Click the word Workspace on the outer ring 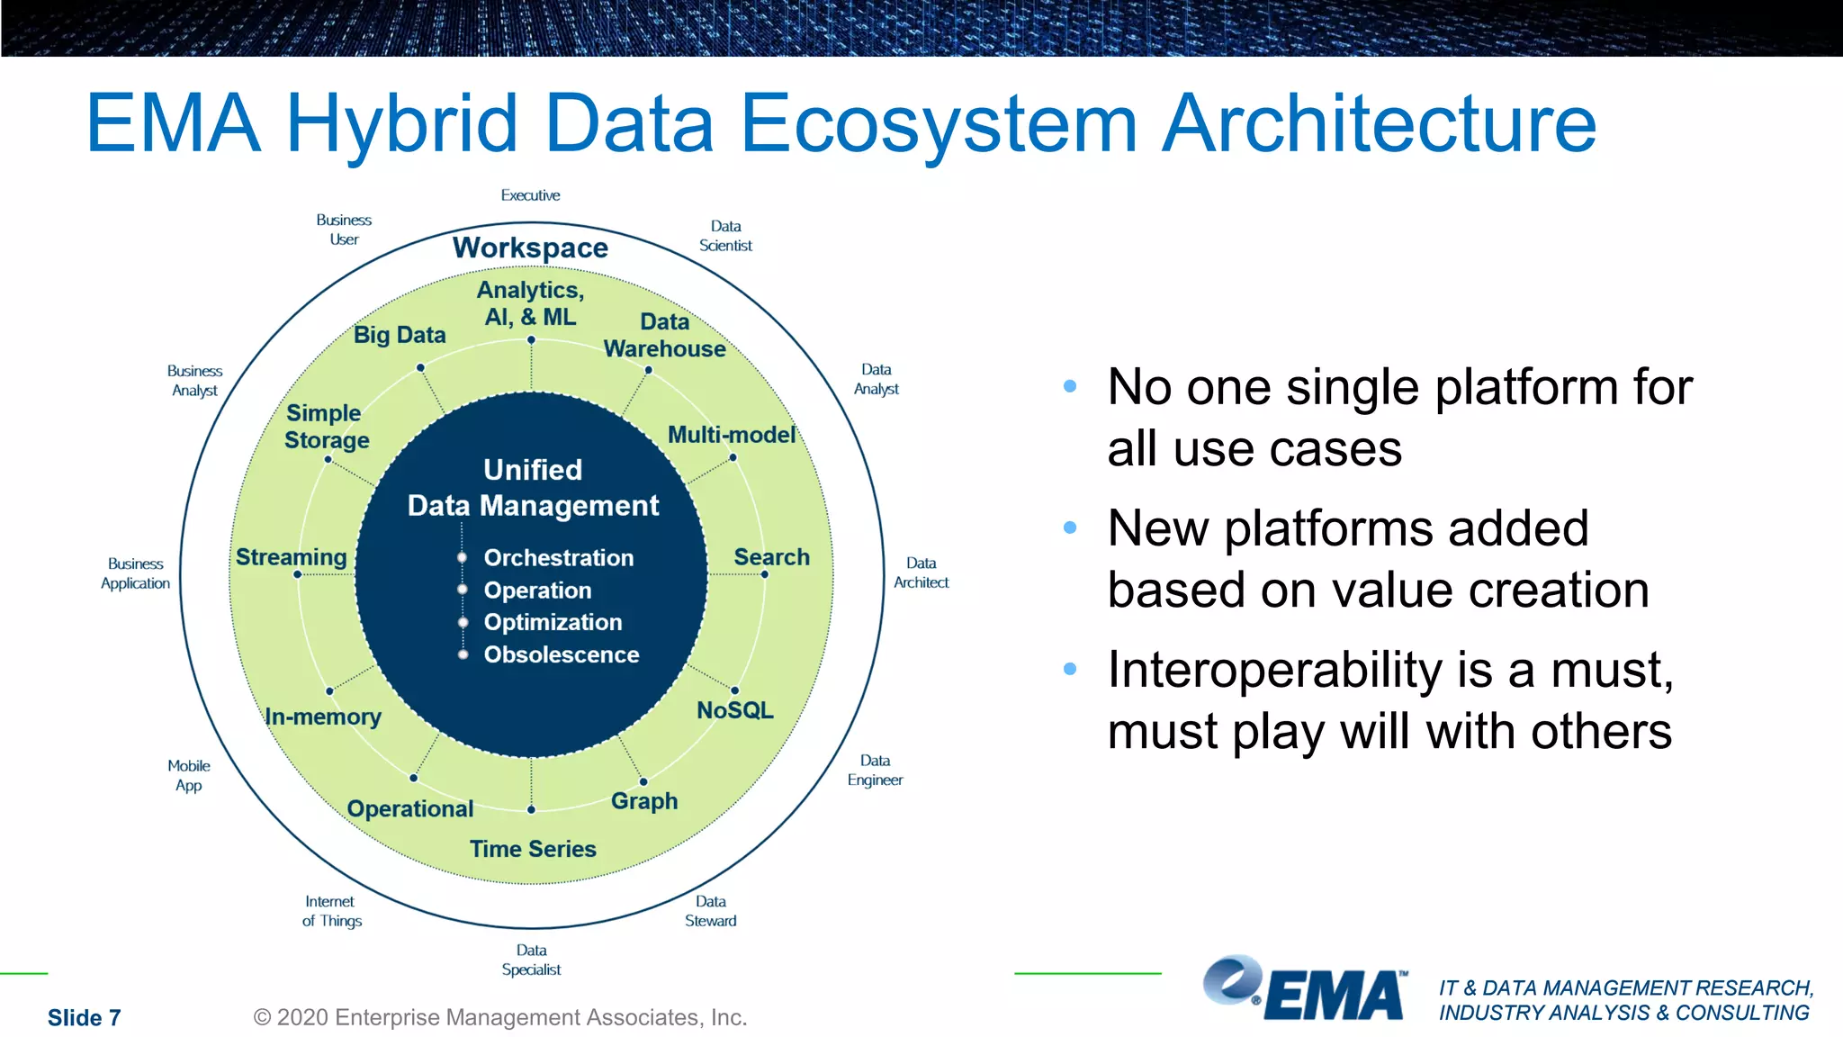(x=530, y=248)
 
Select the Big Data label (x=400, y=335)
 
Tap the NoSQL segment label (x=734, y=710)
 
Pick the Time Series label (x=533, y=849)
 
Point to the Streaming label (x=291, y=557)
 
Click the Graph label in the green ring (x=643, y=800)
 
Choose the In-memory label (x=323, y=717)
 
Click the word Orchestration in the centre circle (x=558, y=558)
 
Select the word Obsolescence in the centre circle (x=561, y=654)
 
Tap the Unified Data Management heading (x=533, y=488)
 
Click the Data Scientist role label (x=725, y=236)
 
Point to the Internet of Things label (x=331, y=911)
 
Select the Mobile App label (x=189, y=775)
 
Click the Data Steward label (x=710, y=911)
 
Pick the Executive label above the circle (x=530, y=195)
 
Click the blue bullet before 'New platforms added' (x=1070, y=528)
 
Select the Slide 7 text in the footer (x=84, y=1017)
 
